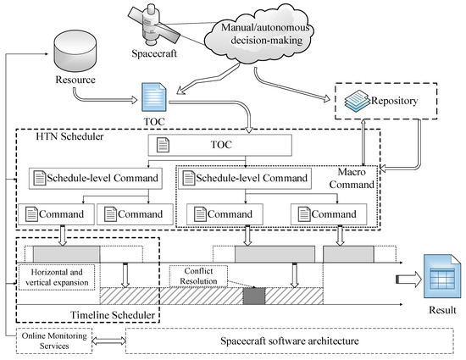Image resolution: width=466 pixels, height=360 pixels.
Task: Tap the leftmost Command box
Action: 53,214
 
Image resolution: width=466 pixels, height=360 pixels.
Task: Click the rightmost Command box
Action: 325,214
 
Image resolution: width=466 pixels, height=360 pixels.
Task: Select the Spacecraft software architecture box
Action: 291,341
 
